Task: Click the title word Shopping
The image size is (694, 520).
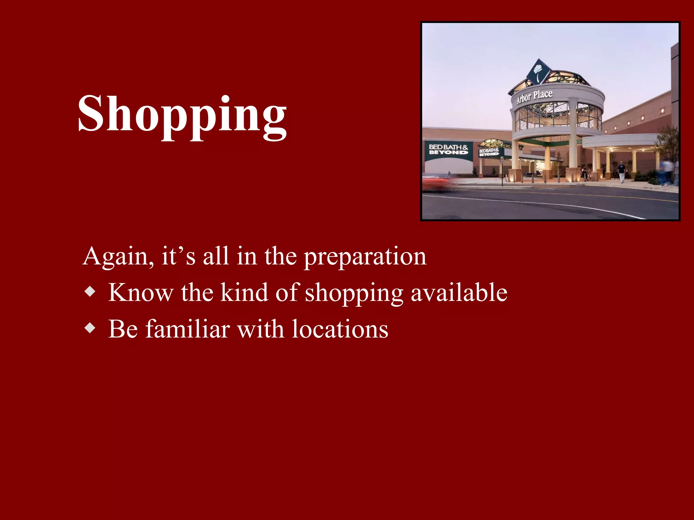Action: pos(182,115)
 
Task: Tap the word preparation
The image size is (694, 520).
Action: pos(365,257)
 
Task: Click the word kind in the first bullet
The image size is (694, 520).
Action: pos(244,292)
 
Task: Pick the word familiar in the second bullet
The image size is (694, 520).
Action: pos(188,329)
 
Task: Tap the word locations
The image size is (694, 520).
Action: pos(340,329)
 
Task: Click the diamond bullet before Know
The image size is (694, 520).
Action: pos(90,291)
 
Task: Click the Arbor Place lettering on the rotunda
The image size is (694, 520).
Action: pos(534,96)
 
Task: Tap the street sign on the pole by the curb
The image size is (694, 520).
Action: pos(502,160)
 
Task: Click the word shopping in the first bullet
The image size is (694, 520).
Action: pos(354,293)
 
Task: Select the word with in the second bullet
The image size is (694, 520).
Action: pos(261,329)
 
